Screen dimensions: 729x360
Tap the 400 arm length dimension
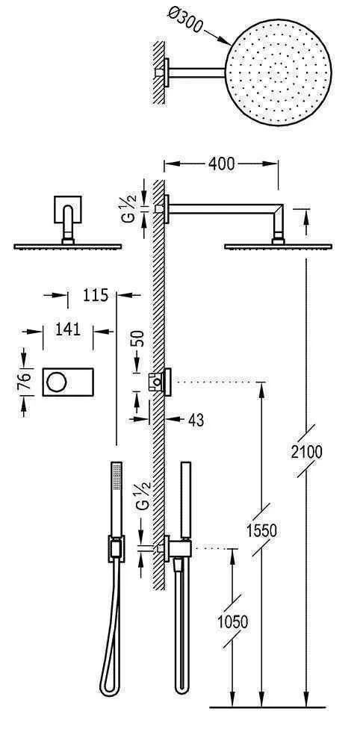221,164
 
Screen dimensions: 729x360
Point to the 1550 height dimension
262,530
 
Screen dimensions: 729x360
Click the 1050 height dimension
233,621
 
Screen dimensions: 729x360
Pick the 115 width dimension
90,295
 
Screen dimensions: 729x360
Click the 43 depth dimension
196,421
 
